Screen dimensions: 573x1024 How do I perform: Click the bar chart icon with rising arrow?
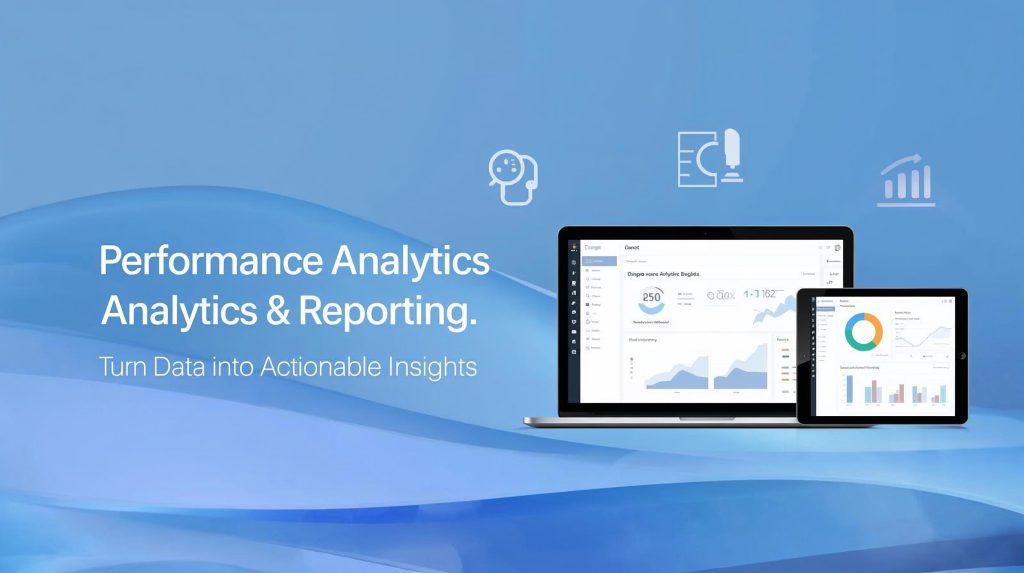(906, 181)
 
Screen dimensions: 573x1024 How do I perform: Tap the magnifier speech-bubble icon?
(513, 176)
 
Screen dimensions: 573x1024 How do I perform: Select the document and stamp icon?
(709, 158)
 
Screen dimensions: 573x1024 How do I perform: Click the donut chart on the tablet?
(862, 331)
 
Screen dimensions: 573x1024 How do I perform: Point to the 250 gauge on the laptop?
(651, 297)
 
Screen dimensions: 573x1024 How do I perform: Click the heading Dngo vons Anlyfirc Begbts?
(663, 272)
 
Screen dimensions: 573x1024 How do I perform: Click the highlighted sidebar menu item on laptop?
(598, 260)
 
